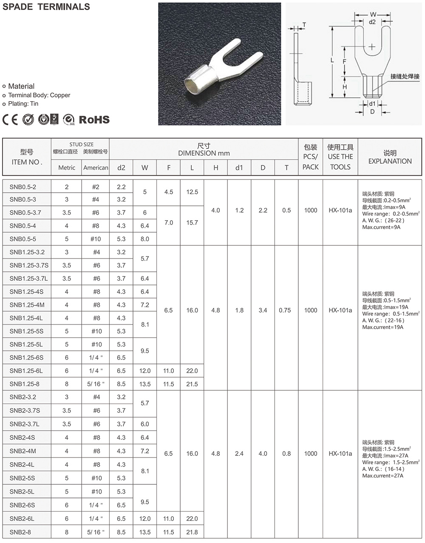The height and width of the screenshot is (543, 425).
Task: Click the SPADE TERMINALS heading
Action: point(46,7)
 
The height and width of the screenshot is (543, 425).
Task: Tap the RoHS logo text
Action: point(94,120)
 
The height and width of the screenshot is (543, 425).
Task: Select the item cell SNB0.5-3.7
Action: point(25,213)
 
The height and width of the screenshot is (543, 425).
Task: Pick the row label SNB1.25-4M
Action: point(27,305)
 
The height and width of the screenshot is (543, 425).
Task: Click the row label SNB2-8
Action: point(20,532)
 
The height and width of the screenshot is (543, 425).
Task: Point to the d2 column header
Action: point(121,168)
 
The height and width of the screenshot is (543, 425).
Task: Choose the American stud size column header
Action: point(96,168)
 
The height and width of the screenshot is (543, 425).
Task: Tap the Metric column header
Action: point(67,168)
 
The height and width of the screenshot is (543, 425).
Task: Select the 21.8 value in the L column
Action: point(192,532)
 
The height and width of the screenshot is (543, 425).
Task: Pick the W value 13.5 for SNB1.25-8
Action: point(145,384)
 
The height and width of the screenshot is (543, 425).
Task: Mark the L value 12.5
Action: point(192,192)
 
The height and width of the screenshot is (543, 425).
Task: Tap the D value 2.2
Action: point(263,210)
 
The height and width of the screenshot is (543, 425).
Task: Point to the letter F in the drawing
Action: point(345,61)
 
